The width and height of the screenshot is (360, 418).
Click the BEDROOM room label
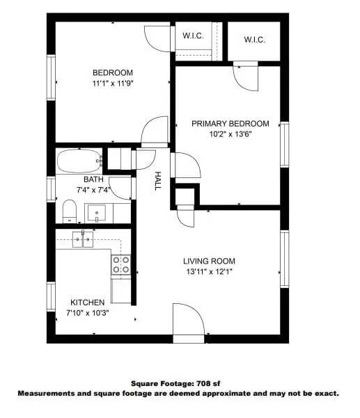(112, 73)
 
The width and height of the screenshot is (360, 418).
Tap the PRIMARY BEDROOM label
(230, 123)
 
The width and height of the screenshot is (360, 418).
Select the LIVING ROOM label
(207, 261)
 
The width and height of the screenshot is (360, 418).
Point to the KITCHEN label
(88, 303)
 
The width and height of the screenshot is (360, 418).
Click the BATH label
(93, 179)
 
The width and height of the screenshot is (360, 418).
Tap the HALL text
(157, 181)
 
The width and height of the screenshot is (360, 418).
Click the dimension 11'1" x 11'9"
(112, 83)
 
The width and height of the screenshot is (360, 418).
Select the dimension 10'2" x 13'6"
(230, 134)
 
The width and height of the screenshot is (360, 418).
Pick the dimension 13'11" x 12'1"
(207, 272)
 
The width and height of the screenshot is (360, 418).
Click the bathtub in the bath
(79, 161)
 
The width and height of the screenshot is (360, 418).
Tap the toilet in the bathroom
(69, 209)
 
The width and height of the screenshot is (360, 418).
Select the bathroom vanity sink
(96, 211)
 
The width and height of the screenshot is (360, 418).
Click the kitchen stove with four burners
(120, 264)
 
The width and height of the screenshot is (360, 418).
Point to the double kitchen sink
(83, 239)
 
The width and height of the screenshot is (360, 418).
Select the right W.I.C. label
(255, 40)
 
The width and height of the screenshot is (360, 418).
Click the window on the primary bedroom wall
(284, 144)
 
